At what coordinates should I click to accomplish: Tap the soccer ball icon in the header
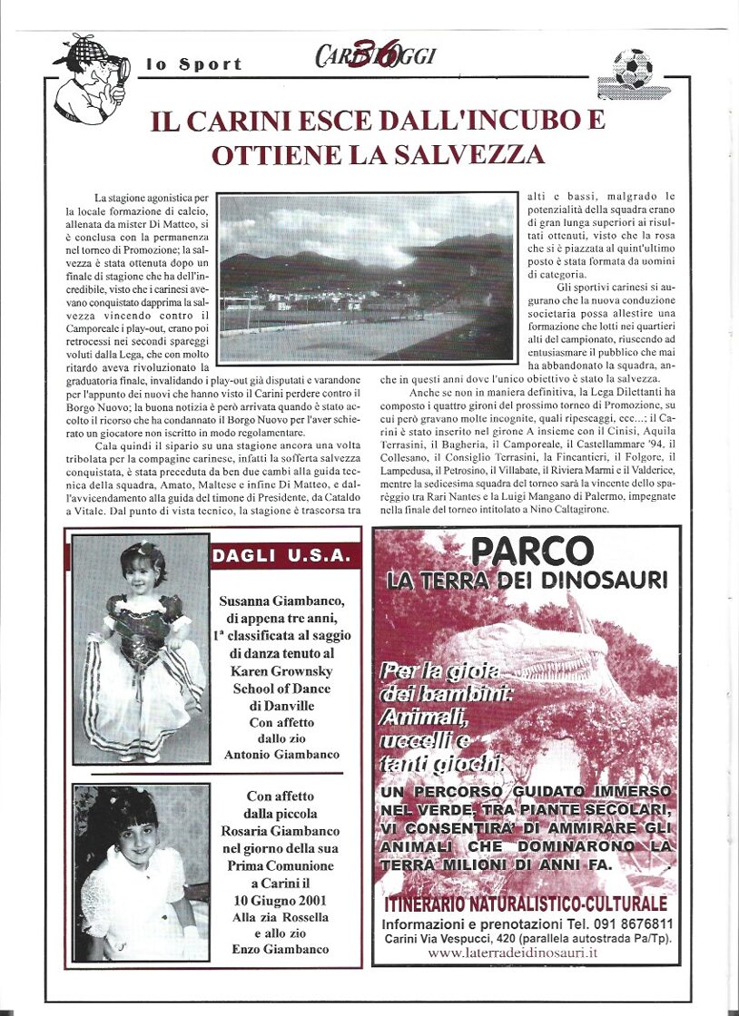pos(632,69)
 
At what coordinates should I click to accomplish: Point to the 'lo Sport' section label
pos(194,64)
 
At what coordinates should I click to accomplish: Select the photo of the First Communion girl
pos(141,872)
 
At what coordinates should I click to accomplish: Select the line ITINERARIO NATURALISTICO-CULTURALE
pos(526,904)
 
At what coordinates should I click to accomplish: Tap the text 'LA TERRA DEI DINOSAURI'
pos(527,581)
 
